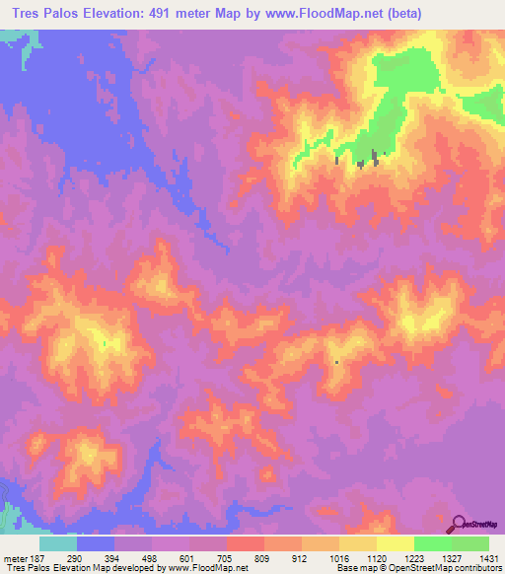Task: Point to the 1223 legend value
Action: point(415,558)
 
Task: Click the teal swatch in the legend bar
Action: point(58,543)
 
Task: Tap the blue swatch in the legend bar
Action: point(96,543)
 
